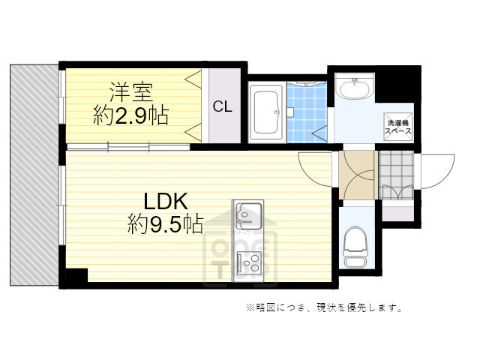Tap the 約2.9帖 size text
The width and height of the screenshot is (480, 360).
pyautogui.click(x=130, y=116)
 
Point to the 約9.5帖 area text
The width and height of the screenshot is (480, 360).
pyautogui.click(x=165, y=224)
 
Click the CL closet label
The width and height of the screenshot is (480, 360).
pyautogui.click(x=222, y=106)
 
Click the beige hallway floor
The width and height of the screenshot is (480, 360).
pyautogui.click(x=355, y=174)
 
